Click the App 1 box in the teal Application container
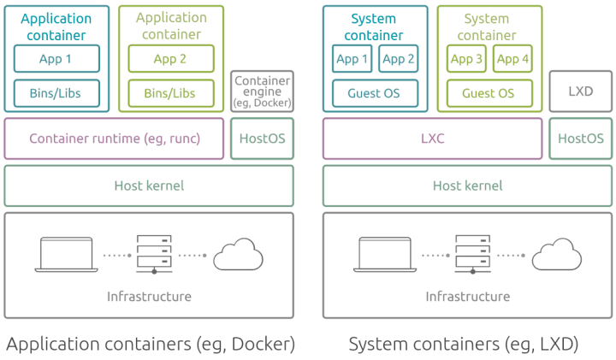click(56, 59)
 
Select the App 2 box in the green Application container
click(171, 59)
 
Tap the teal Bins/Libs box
click(56, 93)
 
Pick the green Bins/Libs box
click(171, 93)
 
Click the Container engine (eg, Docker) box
click(262, 91)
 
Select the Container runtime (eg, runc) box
click(115, 139)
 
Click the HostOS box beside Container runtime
click(262, 139)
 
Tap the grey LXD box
click(580, 91)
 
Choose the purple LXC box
click(433, 139)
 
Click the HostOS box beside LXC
click(580, 139)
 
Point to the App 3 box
click(466, 59)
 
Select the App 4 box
click(513, 59)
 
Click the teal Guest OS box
click(375, 93)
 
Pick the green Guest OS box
click(489, 93)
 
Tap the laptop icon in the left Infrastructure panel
click(66, 253)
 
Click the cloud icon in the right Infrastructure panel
click(557, 255)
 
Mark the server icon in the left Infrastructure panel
click(154, 254)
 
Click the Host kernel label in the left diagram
click(149, 186)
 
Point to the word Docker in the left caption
click(260, 344)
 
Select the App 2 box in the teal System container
click(398, 59)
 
